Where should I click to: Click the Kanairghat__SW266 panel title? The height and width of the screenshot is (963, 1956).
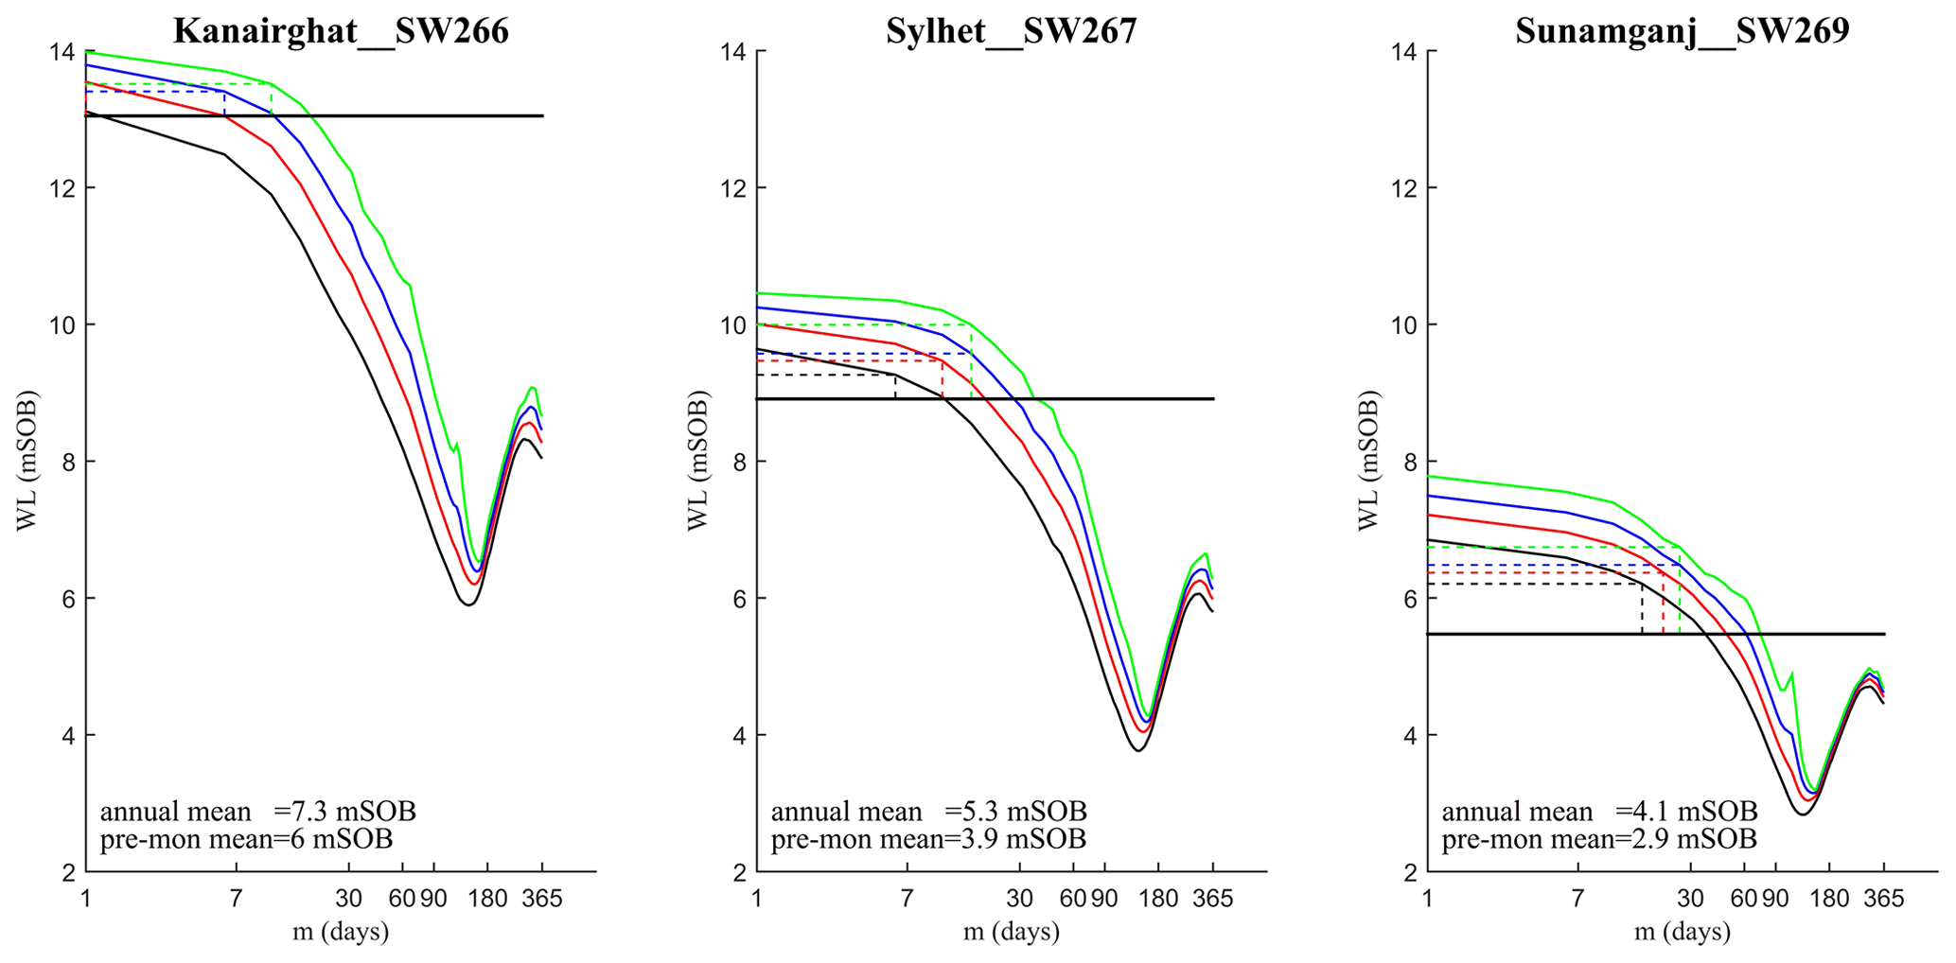(x=341, y=31)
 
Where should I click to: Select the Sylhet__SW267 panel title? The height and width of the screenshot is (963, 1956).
(x=1011, y=31)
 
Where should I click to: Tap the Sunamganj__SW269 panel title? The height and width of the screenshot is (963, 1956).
(x=1682, y=31)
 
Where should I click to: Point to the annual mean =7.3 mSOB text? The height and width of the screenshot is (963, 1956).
(x=257, y=812)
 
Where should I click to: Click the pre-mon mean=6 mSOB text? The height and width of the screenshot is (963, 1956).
(x=246, y=839)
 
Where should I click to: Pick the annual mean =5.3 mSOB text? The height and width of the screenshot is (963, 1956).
(x=928, y=812)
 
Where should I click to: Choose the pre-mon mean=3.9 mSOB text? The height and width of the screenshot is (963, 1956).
(x=928, y=839)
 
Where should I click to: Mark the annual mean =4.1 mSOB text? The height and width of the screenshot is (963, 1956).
(x=1599, y=812)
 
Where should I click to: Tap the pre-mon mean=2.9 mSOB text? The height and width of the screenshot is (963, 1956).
(x=1599, y=839)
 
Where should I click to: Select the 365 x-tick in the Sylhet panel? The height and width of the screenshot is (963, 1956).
(x=1212, y=899)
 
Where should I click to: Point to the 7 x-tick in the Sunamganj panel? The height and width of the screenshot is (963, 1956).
(x=1577, y=899)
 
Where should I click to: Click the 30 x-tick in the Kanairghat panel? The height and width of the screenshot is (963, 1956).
(x=348, y=899)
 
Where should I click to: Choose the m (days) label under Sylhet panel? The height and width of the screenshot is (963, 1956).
(x=1011, y=932)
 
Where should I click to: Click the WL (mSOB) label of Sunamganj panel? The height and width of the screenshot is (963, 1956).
(x=1368, y=461)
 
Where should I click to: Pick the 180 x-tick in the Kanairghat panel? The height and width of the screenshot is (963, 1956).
(x=488, y=899)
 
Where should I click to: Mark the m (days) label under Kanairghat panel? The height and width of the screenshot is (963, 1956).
(x=341, y=932)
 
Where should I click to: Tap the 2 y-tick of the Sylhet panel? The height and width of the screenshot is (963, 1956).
(x=738, y=872)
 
